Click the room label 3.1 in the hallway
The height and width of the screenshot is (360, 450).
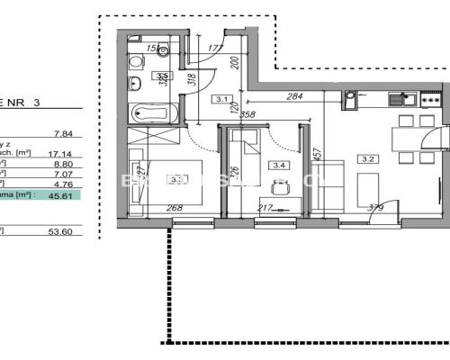(x=221, y=100)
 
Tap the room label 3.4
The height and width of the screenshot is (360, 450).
(x=280, y=165)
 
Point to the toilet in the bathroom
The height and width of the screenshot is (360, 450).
(x=135, y=62)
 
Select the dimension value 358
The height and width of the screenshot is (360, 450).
(x=247, y=115)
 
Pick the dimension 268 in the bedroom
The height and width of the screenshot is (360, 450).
(x=174, y=209)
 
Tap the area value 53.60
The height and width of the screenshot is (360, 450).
(x=61, y=231)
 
